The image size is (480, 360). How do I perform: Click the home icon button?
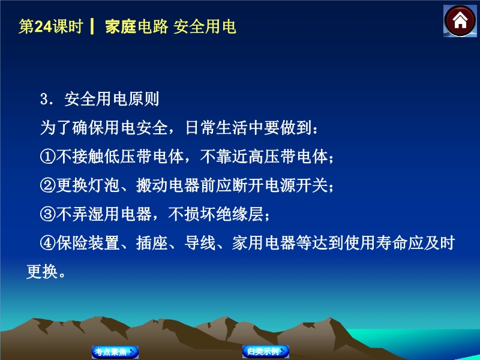[x=460, y=21]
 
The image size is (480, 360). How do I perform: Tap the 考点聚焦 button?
[x=115, y=352]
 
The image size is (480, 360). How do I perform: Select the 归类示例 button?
[x=266, y=351]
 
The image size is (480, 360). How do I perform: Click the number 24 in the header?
[x=43, y=26]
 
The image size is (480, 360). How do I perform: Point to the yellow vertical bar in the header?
[x=92, y=26]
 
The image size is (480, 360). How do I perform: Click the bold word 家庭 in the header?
[x=121, y=26]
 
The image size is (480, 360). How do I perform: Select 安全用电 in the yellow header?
[x=205, y=26]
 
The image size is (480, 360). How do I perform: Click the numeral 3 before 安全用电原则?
[x=44, y=99]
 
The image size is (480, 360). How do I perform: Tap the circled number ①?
[x=48, y=157]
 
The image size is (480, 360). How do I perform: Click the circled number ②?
[x=48, y=185]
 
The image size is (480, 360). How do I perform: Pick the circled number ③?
[x=48, y=214]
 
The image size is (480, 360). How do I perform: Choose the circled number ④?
[x=48, y=243]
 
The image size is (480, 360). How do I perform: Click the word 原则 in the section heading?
[x=144, y=99]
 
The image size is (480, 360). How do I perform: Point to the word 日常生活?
[x=217, y=127]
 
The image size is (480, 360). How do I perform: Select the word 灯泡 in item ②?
[x=104, y=185]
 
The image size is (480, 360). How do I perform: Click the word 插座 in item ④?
[x=152, y=243]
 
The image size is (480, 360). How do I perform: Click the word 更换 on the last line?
[x=42, y=272]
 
